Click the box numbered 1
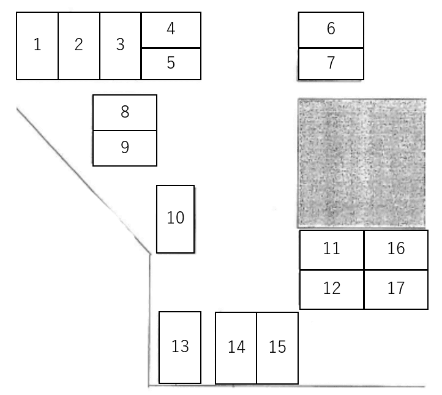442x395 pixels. [37, 46]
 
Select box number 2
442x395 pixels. [79, 46]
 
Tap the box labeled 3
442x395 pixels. [121, 46]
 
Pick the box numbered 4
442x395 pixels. [171, 30]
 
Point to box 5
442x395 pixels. [171, 64]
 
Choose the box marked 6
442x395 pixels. [331, 29]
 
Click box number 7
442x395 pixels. [331, 64]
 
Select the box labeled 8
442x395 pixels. [125, 113]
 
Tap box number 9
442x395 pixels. [125, 148]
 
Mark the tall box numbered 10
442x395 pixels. [176, 219]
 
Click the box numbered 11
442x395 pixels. [332, 249]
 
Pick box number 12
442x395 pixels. [332, 288]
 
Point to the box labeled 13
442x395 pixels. [180, 347]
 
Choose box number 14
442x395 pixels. [236, 348]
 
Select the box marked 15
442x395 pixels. [277, 348]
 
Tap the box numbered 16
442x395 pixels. [396, 249]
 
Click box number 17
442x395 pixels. [396, 288]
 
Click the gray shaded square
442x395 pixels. [362, 164]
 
